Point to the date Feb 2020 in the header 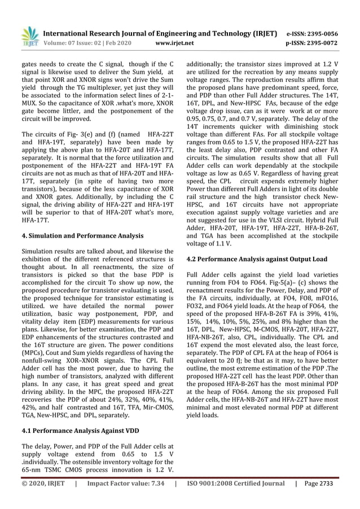point(119,43)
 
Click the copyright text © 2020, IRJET point(43,484)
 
